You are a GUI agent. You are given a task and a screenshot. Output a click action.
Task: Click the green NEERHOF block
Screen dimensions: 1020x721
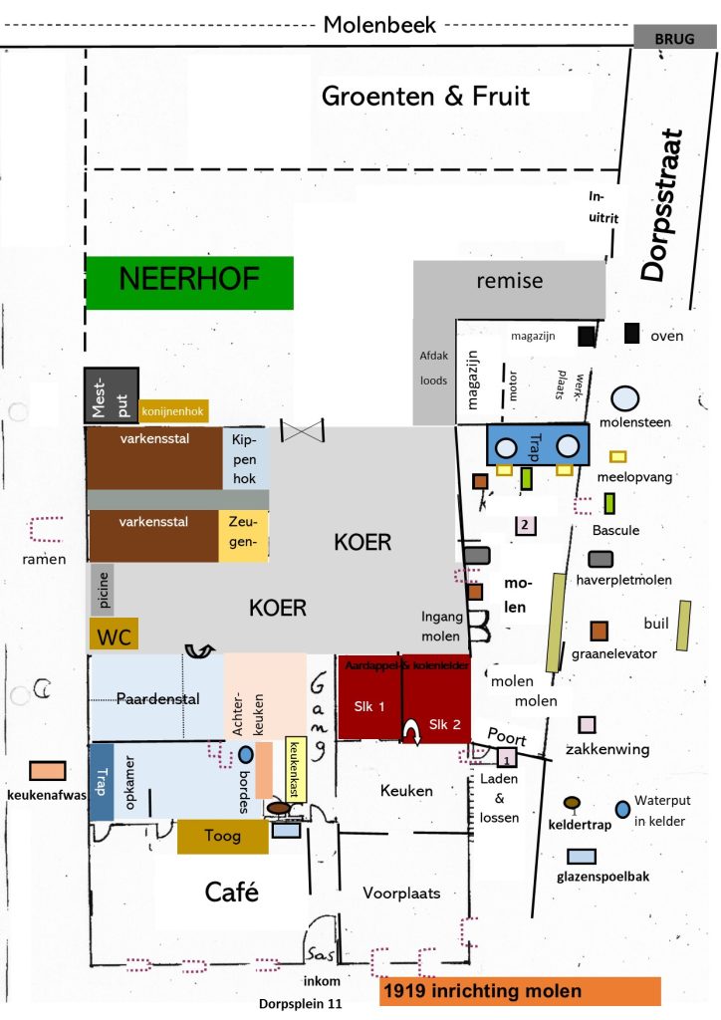189,282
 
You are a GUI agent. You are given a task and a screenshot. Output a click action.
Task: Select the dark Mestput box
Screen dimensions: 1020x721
110,395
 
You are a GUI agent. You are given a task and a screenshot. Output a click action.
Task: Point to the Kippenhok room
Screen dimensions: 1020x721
244,458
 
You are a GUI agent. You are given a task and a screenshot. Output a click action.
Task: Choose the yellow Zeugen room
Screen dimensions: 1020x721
243,534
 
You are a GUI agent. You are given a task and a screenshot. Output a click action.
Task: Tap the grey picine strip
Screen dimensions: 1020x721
102,589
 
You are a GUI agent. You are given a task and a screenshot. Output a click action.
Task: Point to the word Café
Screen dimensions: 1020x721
232,892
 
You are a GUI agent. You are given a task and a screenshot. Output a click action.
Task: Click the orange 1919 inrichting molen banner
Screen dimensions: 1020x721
520,992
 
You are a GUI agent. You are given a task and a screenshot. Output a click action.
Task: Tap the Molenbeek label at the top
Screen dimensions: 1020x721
379,25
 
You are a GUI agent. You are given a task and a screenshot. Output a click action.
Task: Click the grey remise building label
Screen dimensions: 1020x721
509,280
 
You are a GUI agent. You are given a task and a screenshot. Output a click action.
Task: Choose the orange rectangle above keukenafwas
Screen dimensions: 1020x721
48,771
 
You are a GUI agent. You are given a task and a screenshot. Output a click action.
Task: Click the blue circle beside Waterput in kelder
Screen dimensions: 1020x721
623,809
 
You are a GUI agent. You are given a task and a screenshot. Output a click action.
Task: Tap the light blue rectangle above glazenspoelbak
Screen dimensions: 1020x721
581,856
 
